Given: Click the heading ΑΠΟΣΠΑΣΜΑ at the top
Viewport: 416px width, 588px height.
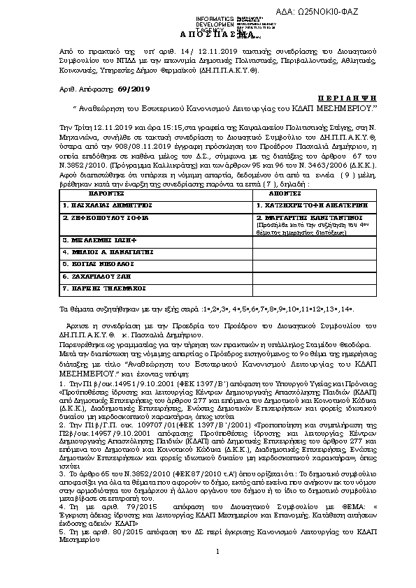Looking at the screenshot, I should pos(208,34).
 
